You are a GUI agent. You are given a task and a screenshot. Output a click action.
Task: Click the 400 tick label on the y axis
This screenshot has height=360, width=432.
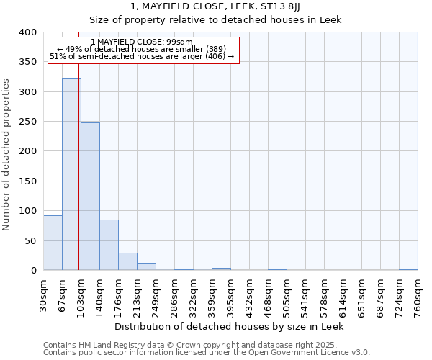pyautogui.click(x=28, y=32)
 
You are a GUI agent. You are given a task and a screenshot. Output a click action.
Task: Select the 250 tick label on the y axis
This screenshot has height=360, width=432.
pyautogui.click(x=28, y=122)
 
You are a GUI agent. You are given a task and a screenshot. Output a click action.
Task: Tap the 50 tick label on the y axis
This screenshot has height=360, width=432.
pyautogui.click(x=31, y=240)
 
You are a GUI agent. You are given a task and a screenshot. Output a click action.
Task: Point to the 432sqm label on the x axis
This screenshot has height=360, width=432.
pyautogui.click(x=249, y=294)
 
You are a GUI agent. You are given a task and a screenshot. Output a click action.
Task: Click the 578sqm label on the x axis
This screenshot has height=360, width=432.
pyautogui.click(x=324, y=294)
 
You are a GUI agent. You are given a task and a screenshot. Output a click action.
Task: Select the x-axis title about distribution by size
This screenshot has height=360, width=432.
pyautogui.click(x=229, y=326)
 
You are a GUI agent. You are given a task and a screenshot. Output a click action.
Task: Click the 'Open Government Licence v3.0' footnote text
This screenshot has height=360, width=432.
pyautogui.click(x=311, y=352)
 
